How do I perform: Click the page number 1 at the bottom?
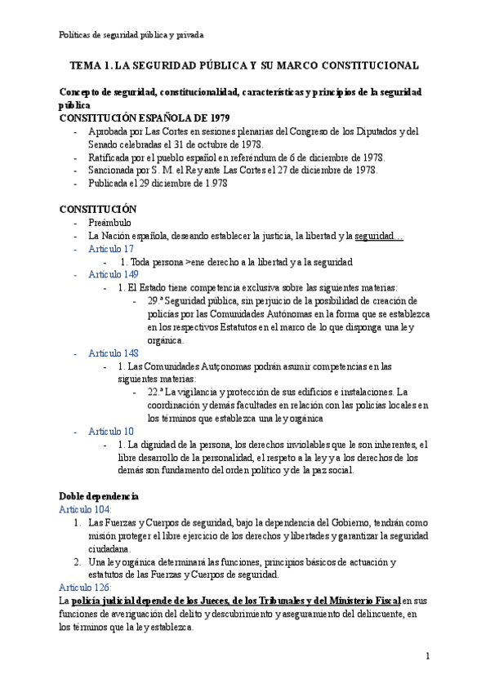(427, 655)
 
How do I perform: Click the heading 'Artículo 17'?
(111, 249)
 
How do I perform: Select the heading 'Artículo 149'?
(114, 274)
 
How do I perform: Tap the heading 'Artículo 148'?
(114, 353)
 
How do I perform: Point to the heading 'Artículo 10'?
(111, 431)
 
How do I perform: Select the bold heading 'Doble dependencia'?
(99, 496)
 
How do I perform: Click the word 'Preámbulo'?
(109, 223)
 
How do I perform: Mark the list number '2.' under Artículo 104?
(78, 562)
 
